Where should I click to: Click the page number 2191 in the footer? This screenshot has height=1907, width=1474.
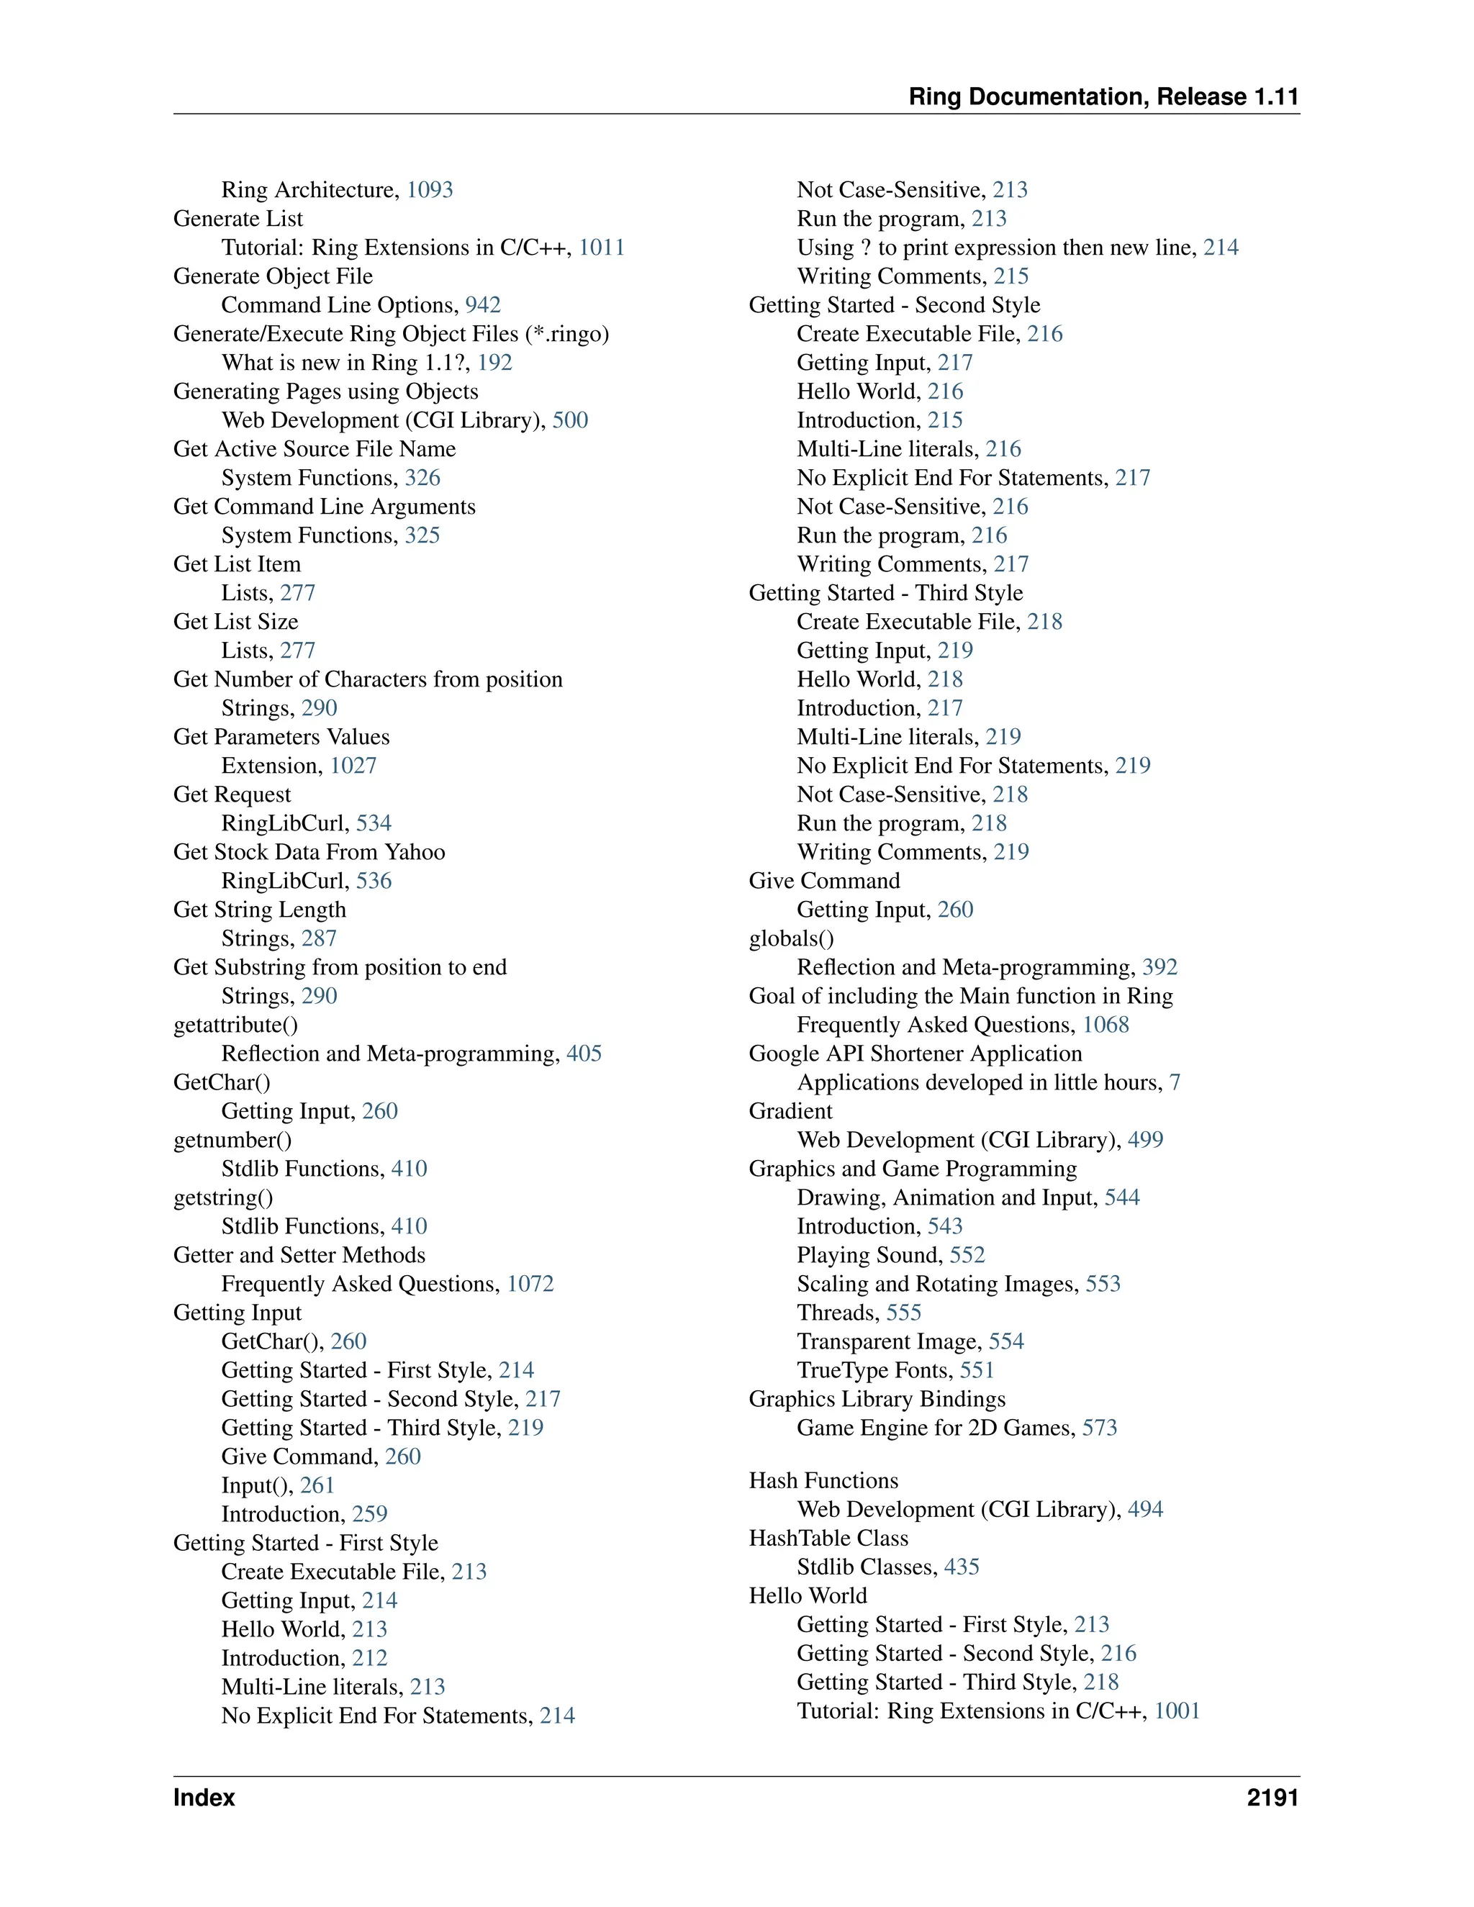(1272, 1798)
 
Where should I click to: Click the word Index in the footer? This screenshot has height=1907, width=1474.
(204, 1798)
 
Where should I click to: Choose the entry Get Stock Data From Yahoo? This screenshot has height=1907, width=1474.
(309, 852)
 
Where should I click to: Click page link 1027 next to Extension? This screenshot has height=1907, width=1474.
(353, 766)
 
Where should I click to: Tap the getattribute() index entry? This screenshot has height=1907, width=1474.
(236, 1025)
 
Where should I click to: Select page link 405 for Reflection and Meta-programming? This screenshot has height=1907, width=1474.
(584, 1054)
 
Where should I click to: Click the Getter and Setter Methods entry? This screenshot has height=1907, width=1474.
(299, 1256)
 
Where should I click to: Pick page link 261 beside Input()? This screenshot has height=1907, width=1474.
(317, 1485)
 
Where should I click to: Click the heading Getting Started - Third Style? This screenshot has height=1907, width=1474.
(885, 594)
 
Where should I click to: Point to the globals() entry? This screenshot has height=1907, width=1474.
(791, 938)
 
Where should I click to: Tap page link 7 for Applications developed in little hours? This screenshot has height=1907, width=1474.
(1175, 1083)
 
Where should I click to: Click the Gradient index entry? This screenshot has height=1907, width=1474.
(790, 1112)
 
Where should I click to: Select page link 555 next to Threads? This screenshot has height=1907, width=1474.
(904, 1313)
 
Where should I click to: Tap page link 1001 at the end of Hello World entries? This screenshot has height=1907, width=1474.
(1177, 1711)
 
